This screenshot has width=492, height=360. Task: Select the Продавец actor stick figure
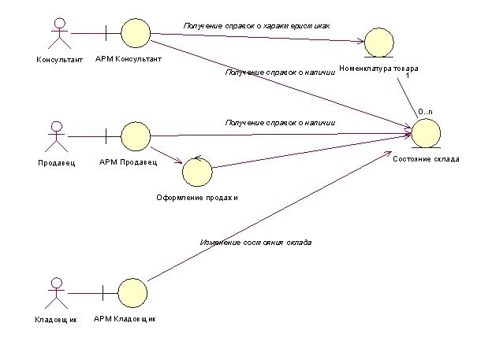(57, 137)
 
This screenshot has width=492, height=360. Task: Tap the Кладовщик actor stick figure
(56, 293)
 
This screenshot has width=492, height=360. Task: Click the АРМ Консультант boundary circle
(136, 33)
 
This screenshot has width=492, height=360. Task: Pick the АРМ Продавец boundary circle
(136, 136)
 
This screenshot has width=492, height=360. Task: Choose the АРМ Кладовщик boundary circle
(132, 293)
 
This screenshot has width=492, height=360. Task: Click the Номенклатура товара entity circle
(379, 43)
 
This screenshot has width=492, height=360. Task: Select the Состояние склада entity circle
(426, 134)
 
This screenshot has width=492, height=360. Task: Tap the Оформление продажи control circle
(197, 172)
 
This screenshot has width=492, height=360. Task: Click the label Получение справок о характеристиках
(256, 26)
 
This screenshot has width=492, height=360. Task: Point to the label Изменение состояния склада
(255, 243)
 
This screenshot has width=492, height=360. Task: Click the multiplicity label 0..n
(425, 112)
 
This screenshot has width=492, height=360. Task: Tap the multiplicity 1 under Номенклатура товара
(408, 76)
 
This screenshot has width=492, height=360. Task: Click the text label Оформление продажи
(197, 198)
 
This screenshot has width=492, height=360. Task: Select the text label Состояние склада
(426, 159)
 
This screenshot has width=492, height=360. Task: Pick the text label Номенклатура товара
(378, 69)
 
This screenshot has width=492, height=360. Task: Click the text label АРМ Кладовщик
(125, 319)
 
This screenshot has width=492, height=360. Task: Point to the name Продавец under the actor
(57, 163)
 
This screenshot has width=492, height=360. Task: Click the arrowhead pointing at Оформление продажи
(180, 161)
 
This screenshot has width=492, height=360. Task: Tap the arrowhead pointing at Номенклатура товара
(361, 41)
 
